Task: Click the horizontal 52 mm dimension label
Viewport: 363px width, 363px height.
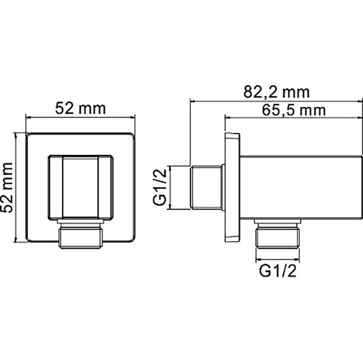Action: pos(80,109)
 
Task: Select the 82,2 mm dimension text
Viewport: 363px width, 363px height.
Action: pos(276,92)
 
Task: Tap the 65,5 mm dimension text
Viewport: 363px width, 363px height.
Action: pos(288,110)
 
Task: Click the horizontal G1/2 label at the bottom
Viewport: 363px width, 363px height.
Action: pos(278,271)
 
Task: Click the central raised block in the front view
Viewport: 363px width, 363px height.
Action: pos(80,186)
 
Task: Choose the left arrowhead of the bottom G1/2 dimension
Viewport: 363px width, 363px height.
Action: pos(257,261)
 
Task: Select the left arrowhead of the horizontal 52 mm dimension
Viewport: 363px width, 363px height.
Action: pos(27,118)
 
